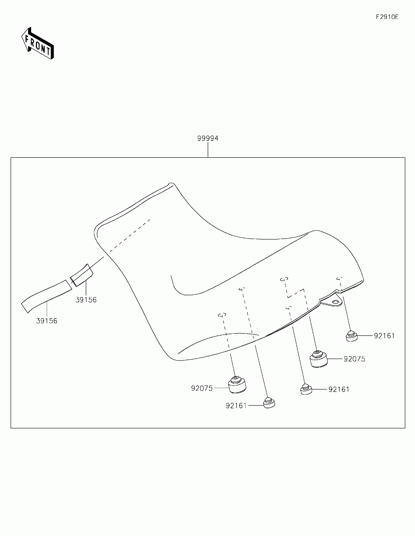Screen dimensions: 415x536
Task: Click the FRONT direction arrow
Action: (x=37, y=44)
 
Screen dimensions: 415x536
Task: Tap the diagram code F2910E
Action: (x=386, y=17)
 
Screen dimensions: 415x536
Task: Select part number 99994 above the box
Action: (x=208, y=139)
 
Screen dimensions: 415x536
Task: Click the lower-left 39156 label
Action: (x=47, y=321)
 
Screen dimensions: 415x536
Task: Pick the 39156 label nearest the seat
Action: (x=86, y=300)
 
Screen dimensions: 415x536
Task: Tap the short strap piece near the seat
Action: (x=82, y=275)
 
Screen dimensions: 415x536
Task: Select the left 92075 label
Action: (x=202, y=388)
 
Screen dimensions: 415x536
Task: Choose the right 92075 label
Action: (x=354, y=359)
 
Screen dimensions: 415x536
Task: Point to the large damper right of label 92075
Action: (x=319, y=359)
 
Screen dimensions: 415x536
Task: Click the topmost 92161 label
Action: (x=384, y=335)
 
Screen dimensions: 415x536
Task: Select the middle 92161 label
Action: (x=339, y=389)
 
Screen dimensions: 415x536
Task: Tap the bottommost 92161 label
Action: (x=236, y=405)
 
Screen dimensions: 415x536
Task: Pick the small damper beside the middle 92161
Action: (x=306, y=389)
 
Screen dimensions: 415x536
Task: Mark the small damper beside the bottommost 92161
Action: (x=269, y=403)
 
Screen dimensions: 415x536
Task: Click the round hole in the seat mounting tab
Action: (x=335, y=300)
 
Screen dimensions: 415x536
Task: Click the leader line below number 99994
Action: (x=208, y=150)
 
